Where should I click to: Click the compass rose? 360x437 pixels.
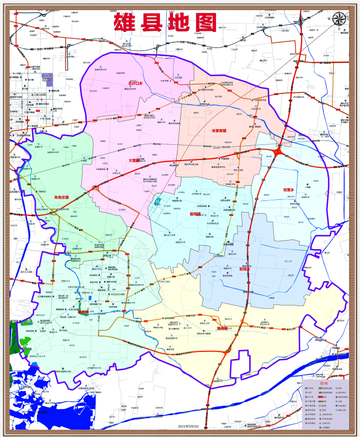pyautogui.click(x=339, y=20)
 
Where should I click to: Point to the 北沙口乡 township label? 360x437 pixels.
pyautogui.click(x=135, y=83)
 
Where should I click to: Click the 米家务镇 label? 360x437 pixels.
pyautogui.click(x=219, y=131)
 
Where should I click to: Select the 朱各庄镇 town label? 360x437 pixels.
pyautogui.click(x=61, y=197)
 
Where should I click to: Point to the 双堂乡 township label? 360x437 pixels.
pyautogui.click(x=288, y=190)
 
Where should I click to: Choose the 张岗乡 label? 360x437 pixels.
pyautogui.click(x=245, y=269)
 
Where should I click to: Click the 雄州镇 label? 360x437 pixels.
pyautogui.click(x=84, y=312)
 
